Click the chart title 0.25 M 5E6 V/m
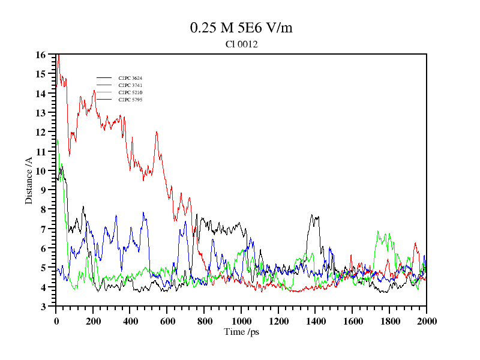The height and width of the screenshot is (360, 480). click(x=241, y=28)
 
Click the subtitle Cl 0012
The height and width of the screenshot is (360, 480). click(x=241, y=44)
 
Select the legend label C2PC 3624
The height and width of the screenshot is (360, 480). click(x=130, y=78)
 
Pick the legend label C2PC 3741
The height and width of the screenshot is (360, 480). click(x=130, y=85)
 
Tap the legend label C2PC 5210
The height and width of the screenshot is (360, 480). click(x=130, y=92)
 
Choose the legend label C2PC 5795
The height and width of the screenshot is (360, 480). click(x=130, y=100)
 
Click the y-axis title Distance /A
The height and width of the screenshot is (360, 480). click(x=29, y=181)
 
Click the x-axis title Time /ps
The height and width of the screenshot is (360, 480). click(x=241, y=331)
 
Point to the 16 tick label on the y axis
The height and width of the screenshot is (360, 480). click(x=41, y=55)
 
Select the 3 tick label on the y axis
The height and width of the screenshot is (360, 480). click(x=43, y=307)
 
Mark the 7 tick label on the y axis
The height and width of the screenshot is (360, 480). click(x=43, y=229)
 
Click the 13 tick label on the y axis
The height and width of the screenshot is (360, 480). click(x=41, y=113)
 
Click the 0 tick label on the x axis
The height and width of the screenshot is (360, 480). click(x=56, y=321)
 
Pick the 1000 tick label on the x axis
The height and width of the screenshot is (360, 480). click(x=241, y=321)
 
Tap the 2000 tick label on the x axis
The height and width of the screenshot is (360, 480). click(x=426, y=321)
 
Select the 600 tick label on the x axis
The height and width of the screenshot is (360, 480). click(x=167, y=321)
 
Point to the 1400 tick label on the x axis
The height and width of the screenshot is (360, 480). click(x=316, y=321)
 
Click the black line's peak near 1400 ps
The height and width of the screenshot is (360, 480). click(x=312, y=215)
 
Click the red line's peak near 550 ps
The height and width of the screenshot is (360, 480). click(x=157, y=132)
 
